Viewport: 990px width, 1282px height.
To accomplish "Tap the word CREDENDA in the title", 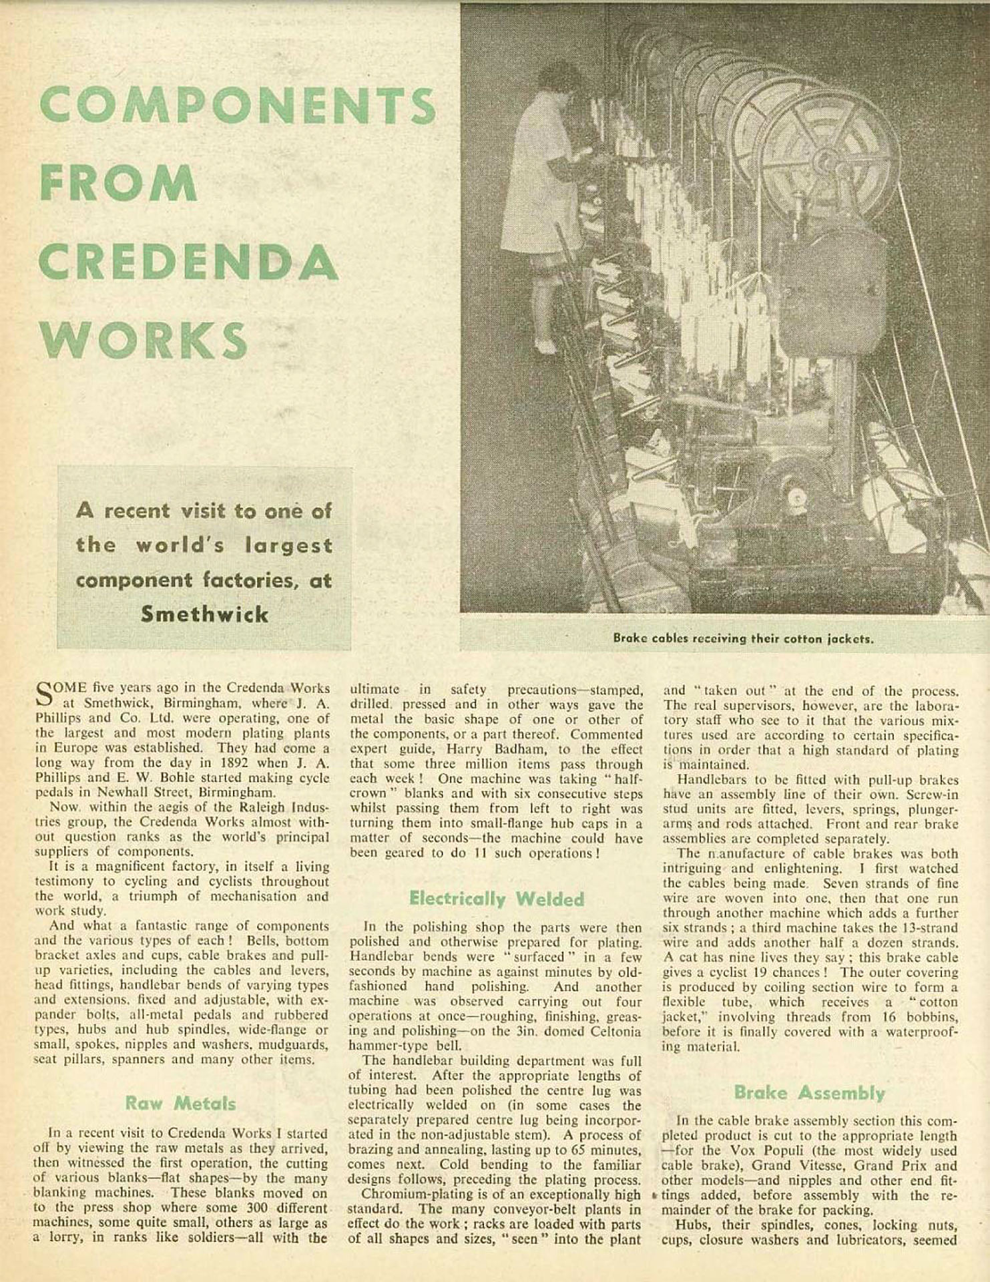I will (188, 262).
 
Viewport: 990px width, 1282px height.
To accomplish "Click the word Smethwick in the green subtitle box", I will (204, 614).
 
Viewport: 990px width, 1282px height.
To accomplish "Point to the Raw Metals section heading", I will (180, 1103).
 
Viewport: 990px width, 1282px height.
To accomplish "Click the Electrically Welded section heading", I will (497, 899).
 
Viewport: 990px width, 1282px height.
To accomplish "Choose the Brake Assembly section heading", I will (809, 1093).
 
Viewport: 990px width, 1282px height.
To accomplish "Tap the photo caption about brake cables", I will (743, 638).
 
